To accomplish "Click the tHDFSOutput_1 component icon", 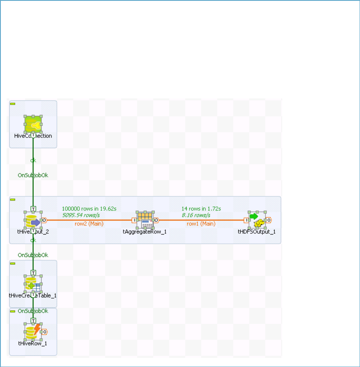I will [x=257, y=221].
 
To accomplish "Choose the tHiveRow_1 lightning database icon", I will [x=33, y=332].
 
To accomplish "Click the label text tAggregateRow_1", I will [x=145, y=232].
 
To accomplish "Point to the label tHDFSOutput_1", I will [x=256, y=232].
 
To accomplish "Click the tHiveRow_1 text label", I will [x=32, y=343].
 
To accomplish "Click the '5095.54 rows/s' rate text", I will [x=81, y=215].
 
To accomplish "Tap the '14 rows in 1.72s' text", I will [x=201, y=208].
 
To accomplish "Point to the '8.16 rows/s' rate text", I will [x=196, y=215].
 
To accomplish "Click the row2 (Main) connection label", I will [x=89, y=224].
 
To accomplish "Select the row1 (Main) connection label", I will [x=201, y=224].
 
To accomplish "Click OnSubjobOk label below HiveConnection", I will [x=33, y=175].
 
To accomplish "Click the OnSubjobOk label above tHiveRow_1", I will [x=33, y=311].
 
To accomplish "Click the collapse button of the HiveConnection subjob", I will [x=12, y=103].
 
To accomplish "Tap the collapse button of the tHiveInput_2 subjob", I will [x=12, y=199].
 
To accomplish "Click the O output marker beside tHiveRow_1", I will [x=44, y=332].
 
